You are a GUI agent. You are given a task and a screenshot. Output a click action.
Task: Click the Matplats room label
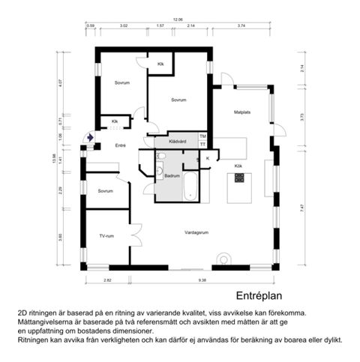(x=241, y=113)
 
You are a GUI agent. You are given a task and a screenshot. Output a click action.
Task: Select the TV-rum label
(x=106, y=236)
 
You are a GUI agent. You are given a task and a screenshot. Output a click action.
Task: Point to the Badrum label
(x=172, y=175)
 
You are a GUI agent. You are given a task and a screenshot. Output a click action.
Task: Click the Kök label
(x=238, y=165)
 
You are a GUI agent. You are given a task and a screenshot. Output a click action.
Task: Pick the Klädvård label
(x=177, y=140)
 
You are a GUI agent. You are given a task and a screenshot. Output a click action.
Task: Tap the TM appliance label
(x=202, y=136)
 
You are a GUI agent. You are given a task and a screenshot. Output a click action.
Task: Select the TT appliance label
(x=202, y=144)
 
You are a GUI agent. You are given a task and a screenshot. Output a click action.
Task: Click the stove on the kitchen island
(x=241, y=178)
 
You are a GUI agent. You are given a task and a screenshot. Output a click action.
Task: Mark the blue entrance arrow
(x=91, y=138)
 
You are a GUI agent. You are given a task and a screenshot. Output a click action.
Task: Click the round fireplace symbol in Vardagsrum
(x=223, y=261)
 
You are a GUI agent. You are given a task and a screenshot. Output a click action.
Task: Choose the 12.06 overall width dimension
(x=178, y=19)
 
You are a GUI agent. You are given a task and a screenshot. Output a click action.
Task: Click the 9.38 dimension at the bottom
(x=202, y=280)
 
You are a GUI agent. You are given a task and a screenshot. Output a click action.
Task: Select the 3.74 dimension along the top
(x=241, y=26)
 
